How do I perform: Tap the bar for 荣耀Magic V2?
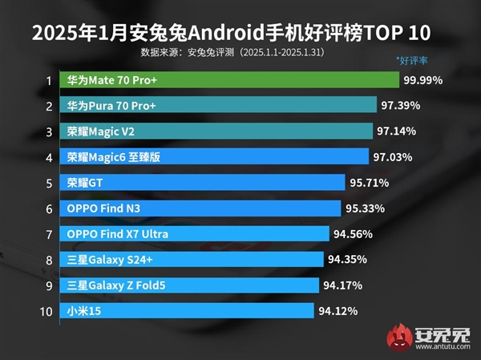[216, 131]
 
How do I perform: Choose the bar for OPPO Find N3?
[200, 208]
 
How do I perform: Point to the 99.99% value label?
[425, 80]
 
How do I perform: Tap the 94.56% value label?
[354, 234]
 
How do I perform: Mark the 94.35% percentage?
[350, 260]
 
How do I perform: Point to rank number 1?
[49, 81]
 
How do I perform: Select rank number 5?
[49, 184]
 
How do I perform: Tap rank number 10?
[46, 311]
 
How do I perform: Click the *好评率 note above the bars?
[414, 60]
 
